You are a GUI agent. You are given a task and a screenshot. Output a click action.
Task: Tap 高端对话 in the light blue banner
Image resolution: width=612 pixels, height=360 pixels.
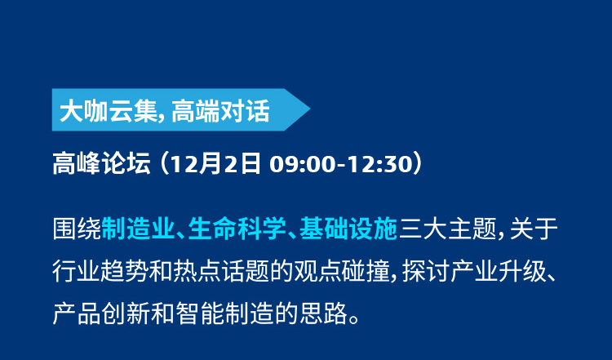click(x=220, y=111)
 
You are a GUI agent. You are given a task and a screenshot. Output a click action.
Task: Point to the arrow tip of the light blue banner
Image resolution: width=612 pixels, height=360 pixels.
click(x=310, y=109)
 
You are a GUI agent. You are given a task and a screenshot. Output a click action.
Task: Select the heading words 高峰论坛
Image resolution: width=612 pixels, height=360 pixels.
click(x=101, y=163)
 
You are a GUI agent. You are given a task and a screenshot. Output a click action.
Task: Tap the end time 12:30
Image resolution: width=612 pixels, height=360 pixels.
click(x=379, y=164)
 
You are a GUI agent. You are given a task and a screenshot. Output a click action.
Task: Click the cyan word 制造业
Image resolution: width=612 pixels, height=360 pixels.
click(x=138, y=229)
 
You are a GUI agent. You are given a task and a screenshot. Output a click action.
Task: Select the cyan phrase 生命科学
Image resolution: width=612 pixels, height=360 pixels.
click(x=237, y=229)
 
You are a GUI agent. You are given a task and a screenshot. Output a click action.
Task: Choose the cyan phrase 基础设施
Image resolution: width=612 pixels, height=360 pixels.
click(x=348, y=229)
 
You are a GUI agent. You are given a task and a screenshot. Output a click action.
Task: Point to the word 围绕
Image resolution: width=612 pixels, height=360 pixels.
click(x=77, y=229)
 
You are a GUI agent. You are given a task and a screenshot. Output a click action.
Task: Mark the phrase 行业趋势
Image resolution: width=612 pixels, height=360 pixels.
click(x=101, y=271)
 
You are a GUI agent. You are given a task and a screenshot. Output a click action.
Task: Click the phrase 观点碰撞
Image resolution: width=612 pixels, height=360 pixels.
click(x=342, y=271)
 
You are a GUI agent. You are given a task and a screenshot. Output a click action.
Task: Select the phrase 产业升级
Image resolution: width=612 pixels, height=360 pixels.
click(x=499, y=271)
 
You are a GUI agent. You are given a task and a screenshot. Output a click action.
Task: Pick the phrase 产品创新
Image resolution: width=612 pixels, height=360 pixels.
click(x=101, y=313)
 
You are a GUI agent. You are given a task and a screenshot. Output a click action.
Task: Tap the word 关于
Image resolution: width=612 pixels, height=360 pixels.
click(x=534, y=229)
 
